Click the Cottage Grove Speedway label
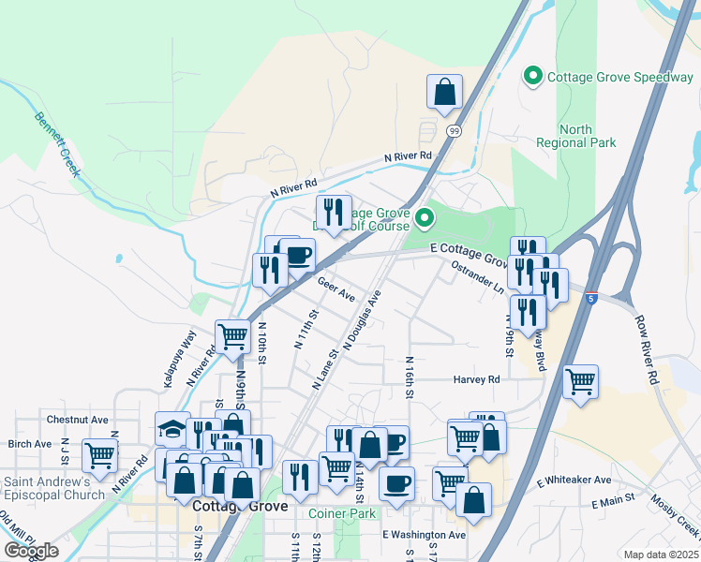tap(619, 77)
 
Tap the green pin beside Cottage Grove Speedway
tap(533, 76)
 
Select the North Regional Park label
tap(575, 136)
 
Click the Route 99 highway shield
tap(454, 131)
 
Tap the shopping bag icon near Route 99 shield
tap(444, 91)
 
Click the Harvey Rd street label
tap(477, 379)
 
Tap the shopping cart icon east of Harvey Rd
tap(581, 381)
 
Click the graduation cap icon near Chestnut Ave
tap(172, 428)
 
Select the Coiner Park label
tap(342, 513)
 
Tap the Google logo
tap(31, 551)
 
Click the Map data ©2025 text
tap(661, 555)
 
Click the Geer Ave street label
tap(336, 287)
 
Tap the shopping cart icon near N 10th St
tap(231, 336)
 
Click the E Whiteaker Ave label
tap(574, 480)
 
